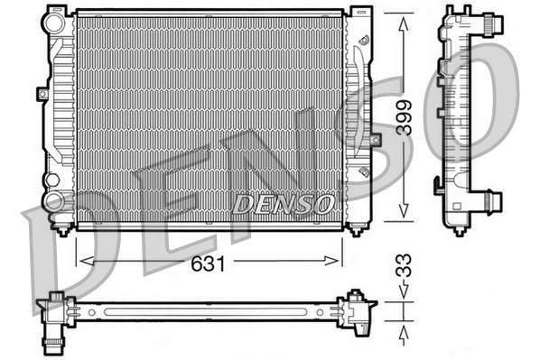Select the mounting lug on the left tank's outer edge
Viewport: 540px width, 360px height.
42,92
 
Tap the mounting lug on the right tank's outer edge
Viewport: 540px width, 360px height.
375,143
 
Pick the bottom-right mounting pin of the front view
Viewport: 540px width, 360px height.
356,226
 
